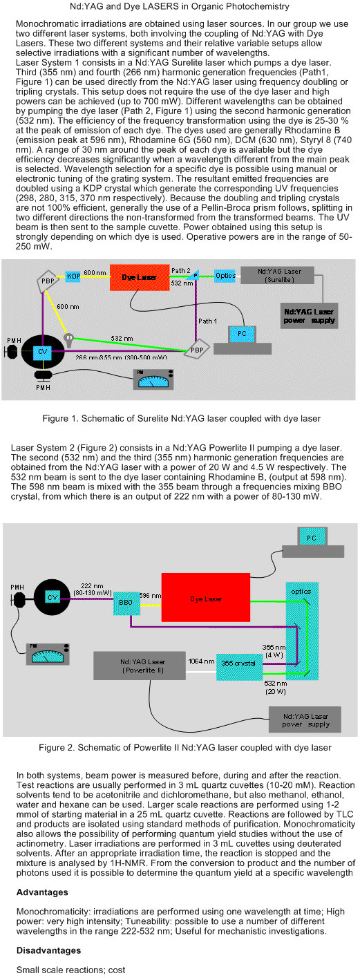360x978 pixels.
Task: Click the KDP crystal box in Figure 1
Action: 73,276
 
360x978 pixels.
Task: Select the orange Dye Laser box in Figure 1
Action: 139,277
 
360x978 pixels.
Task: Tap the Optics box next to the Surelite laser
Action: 225,276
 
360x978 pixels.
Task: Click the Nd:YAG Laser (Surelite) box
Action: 278,276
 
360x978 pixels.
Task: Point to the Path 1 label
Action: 207,321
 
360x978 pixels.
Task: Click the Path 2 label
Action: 180,271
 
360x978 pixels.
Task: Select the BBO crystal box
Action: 126,602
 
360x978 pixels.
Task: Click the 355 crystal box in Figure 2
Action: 238,666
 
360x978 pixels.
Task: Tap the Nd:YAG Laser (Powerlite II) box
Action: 140,666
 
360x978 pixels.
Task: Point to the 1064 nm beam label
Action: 201,661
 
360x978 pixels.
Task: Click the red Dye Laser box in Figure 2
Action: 206,597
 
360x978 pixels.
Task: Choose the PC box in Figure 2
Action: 312,538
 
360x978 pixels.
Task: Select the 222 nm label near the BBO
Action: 92,586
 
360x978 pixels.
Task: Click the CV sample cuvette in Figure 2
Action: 53,597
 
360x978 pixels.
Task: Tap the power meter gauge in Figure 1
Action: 153,379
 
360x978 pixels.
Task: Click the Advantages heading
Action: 42,892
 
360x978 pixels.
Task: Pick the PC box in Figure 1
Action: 242,334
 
